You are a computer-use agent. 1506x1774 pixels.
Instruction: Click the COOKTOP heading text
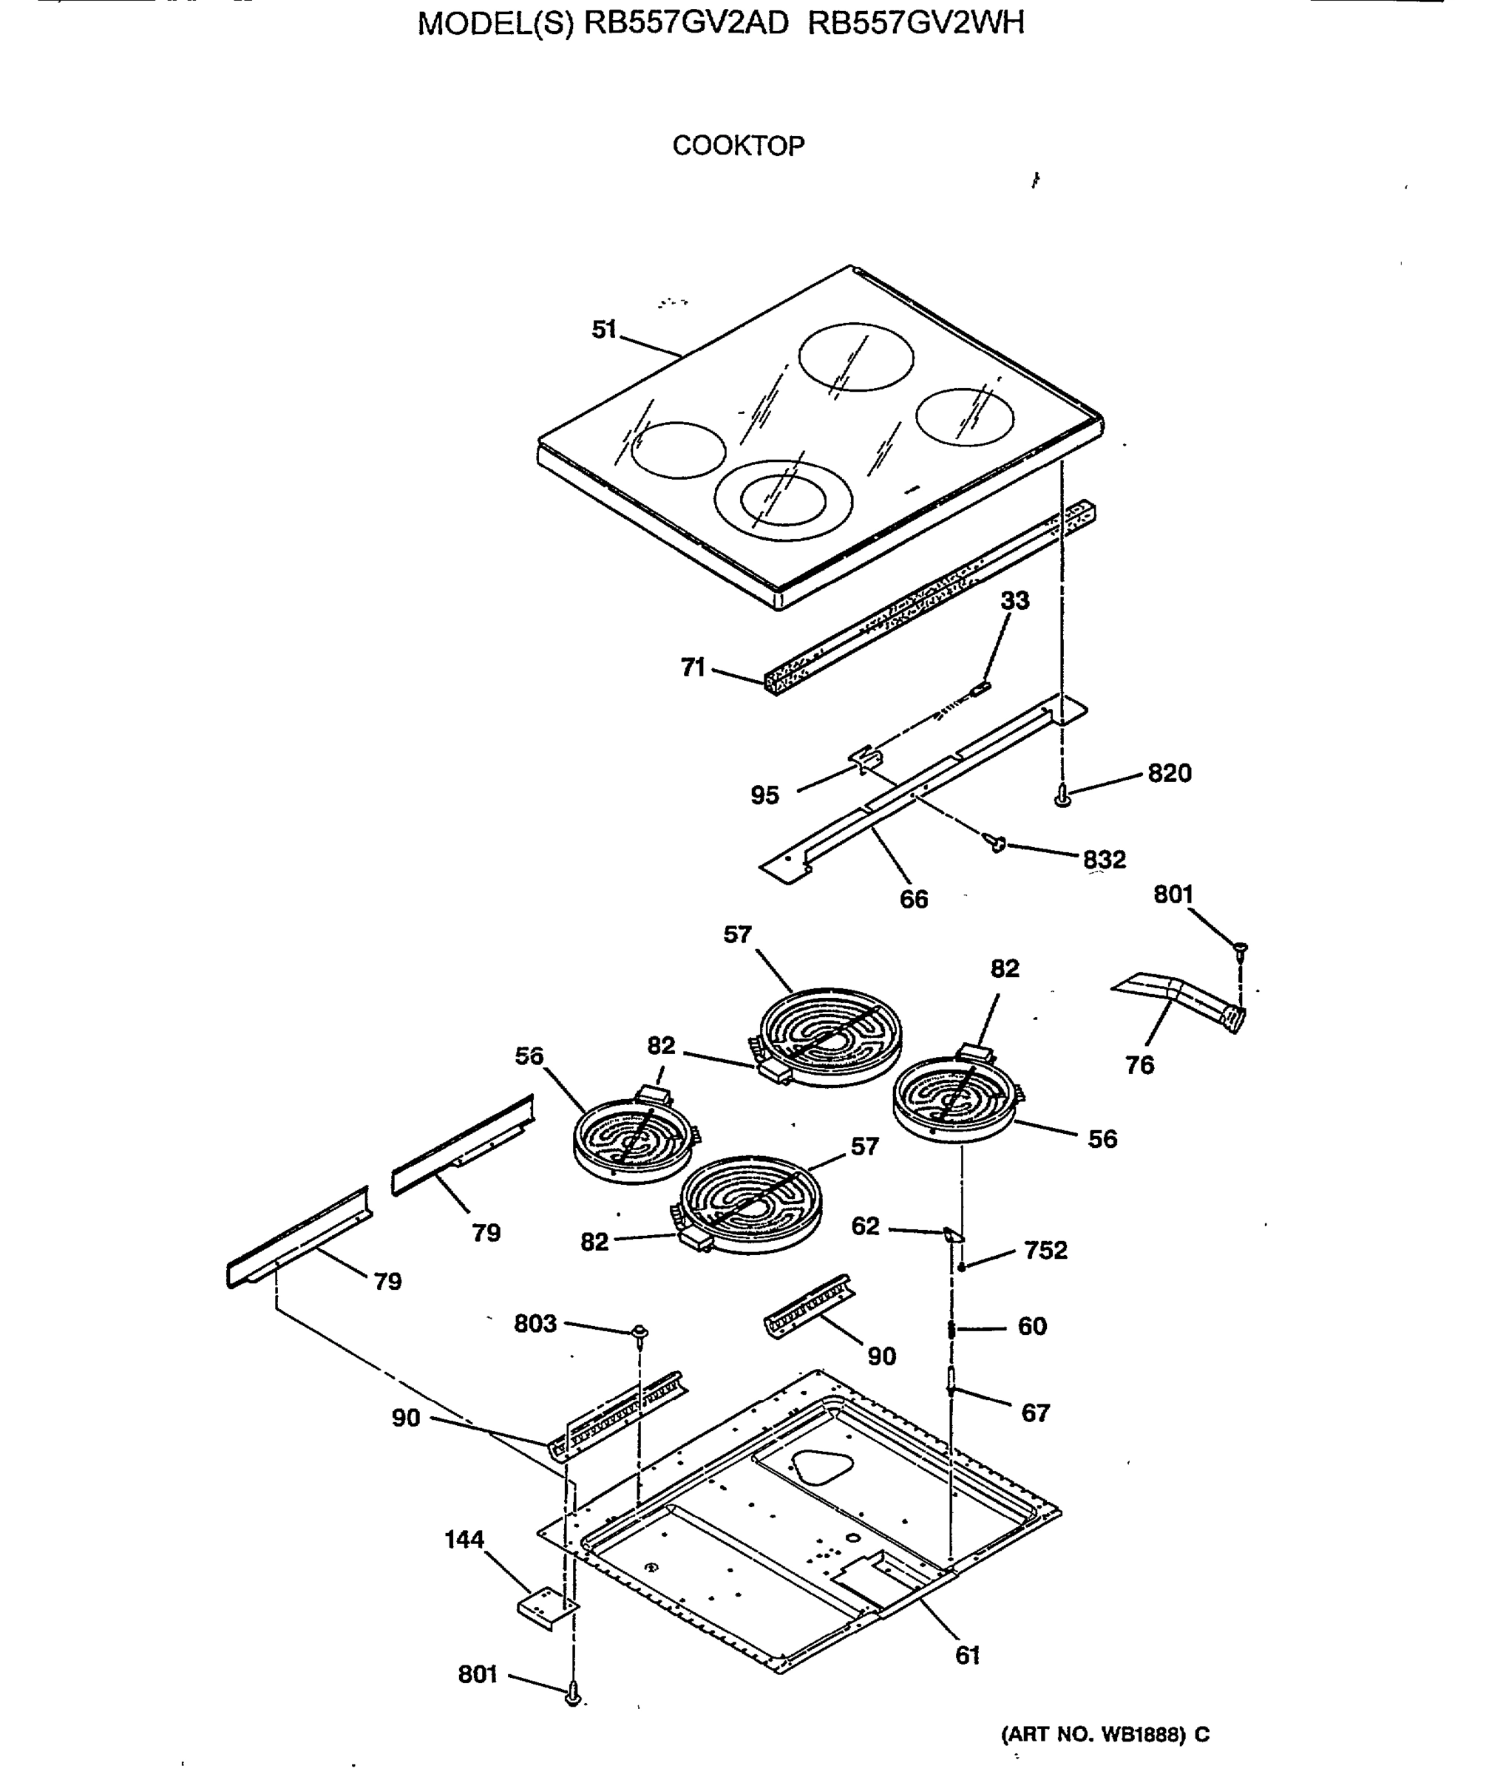pyautogui.click(x=738, y=146)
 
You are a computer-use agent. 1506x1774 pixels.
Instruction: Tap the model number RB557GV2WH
pyautogui.click(x=915, y=23)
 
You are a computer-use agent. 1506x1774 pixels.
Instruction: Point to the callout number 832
pyautogui.click(x=1105, y=859)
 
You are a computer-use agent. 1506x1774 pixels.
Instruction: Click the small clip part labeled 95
pyautogui.click(x=865, y=757)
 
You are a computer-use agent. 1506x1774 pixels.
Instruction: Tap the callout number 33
pyautogui.click(x=1014, y=600)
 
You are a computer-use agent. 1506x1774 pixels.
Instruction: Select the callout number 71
pyautogui.click(x=693, y=667)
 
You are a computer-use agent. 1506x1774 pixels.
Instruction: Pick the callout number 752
pyautogui.click(x=1046, y=1250)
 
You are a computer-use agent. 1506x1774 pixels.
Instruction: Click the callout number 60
pyautogui.click(x=1032, y=1326)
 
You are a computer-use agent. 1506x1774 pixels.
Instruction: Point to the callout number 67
pyautogui.click(x=1035, y=1413)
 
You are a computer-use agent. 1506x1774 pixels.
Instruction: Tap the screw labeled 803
pyautogui.click(x=639, y=1333)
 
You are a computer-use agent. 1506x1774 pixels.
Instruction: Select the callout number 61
pyautogui.click(x=967, y=1654)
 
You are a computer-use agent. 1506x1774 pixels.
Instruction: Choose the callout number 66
pyautogui.click(x=914, y=899)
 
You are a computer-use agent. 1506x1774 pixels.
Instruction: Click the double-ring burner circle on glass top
pyautogui.click(x=783, y=500)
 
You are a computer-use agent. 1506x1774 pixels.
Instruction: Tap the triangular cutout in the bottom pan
pyautogui.click(x=822, y=1469)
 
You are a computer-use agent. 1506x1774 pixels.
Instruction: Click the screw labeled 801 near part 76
pyautogui.click(x=1241, y=947)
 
